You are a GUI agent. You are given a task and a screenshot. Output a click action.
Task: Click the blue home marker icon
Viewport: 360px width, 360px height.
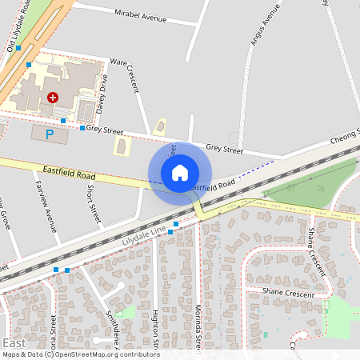pyautogui.click(x=180, y=172)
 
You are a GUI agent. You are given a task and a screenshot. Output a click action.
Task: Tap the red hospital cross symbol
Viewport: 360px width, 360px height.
pyautogui.click(x=53, y=97)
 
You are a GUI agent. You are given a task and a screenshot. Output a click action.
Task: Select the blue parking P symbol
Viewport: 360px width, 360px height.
pyautogui.click(x=49, y=134)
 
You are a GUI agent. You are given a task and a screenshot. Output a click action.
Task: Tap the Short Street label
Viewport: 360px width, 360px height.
pyautogui.click(x=94, y=203)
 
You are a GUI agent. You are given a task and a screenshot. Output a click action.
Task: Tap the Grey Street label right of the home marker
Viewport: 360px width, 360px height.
pyautogui.click(x=224, y=148)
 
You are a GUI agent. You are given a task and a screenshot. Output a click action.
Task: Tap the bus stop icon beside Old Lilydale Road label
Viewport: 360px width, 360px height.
pyautogui.click(x=18, y=48)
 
